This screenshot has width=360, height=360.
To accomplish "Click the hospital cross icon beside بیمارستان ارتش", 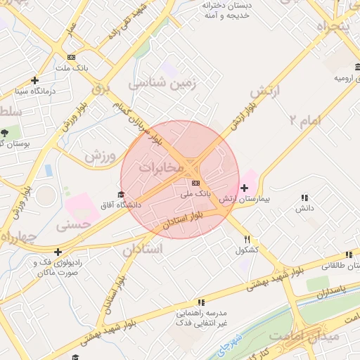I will tap(244, 188).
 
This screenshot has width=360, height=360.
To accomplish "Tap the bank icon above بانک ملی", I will tap(195, 183).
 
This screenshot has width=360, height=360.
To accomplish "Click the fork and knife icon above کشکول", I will tap(247, 239).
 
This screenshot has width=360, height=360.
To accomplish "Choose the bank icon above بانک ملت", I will tap(70, 58).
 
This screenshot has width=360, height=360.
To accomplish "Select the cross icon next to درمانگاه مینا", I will tap(34, 80).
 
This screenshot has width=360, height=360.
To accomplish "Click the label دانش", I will tap(304, 208).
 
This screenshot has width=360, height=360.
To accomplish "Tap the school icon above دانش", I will tap(304, 198).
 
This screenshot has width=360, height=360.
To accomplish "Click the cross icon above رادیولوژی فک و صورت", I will tap(58, 252).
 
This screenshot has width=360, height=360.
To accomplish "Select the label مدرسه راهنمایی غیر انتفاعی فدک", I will tap(200, 317).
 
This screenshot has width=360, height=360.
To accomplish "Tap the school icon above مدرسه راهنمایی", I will tap(201, 302).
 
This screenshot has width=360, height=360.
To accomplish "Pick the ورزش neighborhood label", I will tap(100, 156).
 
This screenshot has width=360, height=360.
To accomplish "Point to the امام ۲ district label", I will tap(304, 120).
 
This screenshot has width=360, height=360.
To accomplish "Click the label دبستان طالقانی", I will tap(340, 266).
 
